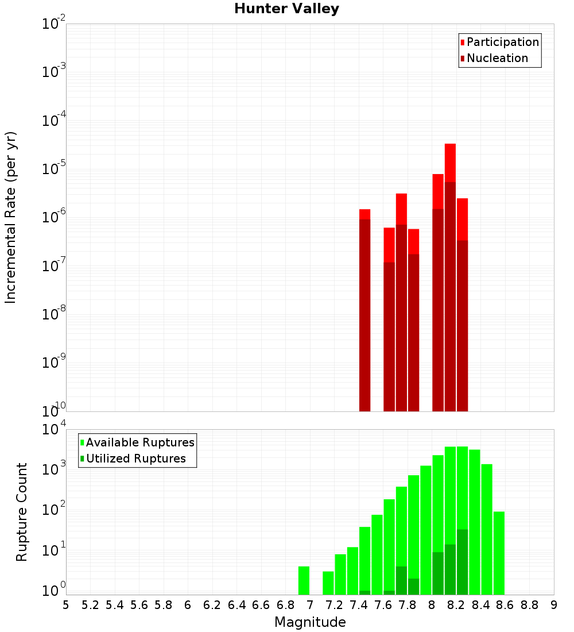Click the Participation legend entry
502,43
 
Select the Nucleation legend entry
497,59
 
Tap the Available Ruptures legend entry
139,443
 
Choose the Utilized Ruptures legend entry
135,459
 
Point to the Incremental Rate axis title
10,217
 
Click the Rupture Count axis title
22,512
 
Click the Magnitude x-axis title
310,622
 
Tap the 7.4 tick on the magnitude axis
359,605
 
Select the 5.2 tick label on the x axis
90,605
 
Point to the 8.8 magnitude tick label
529,605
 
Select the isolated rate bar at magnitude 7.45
364,310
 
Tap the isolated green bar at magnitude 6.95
304,580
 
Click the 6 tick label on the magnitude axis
188,605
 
